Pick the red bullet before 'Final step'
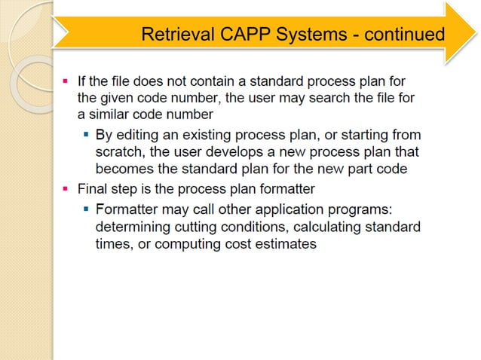65,188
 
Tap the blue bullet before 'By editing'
87,135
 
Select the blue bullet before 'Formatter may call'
87,207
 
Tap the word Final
93,188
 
